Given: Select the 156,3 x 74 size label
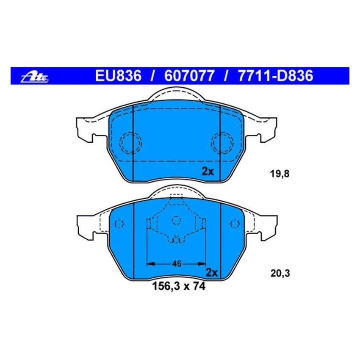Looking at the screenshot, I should click(179, 287).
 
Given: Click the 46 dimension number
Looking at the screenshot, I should click(177, 264).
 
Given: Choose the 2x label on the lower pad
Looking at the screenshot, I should click(211, 272).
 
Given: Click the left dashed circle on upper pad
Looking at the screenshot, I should click(130, 142).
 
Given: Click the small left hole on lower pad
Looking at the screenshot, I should click(119, 224).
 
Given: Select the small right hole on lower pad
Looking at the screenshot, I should click(233, 224).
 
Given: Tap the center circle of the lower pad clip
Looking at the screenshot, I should click(176, 219).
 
